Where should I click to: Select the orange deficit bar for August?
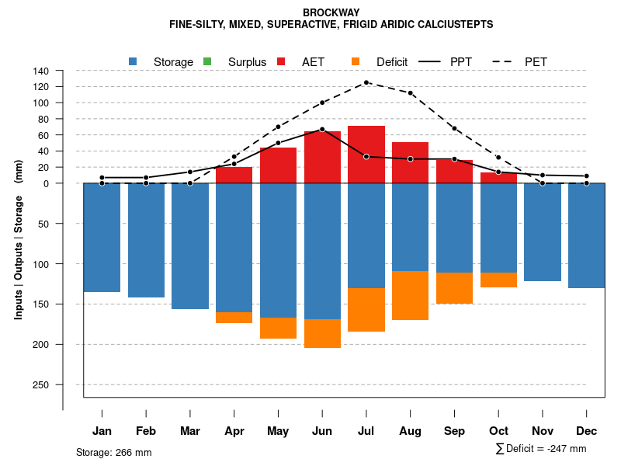click(410, 295)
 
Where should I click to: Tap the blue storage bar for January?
click(102, 237)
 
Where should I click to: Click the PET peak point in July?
click(366, 82)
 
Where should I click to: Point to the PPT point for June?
click(322, 129)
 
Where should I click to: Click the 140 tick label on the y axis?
click(41, 71)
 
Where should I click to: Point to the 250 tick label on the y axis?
click(41, 384)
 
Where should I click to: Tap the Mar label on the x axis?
click(190, 431)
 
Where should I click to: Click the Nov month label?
click(543, 431)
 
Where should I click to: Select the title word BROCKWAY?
click(331, 13)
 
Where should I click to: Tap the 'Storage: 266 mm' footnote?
click(114, 452)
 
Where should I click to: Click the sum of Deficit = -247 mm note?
click(541, 449)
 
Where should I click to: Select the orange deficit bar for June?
click(322, 333)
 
